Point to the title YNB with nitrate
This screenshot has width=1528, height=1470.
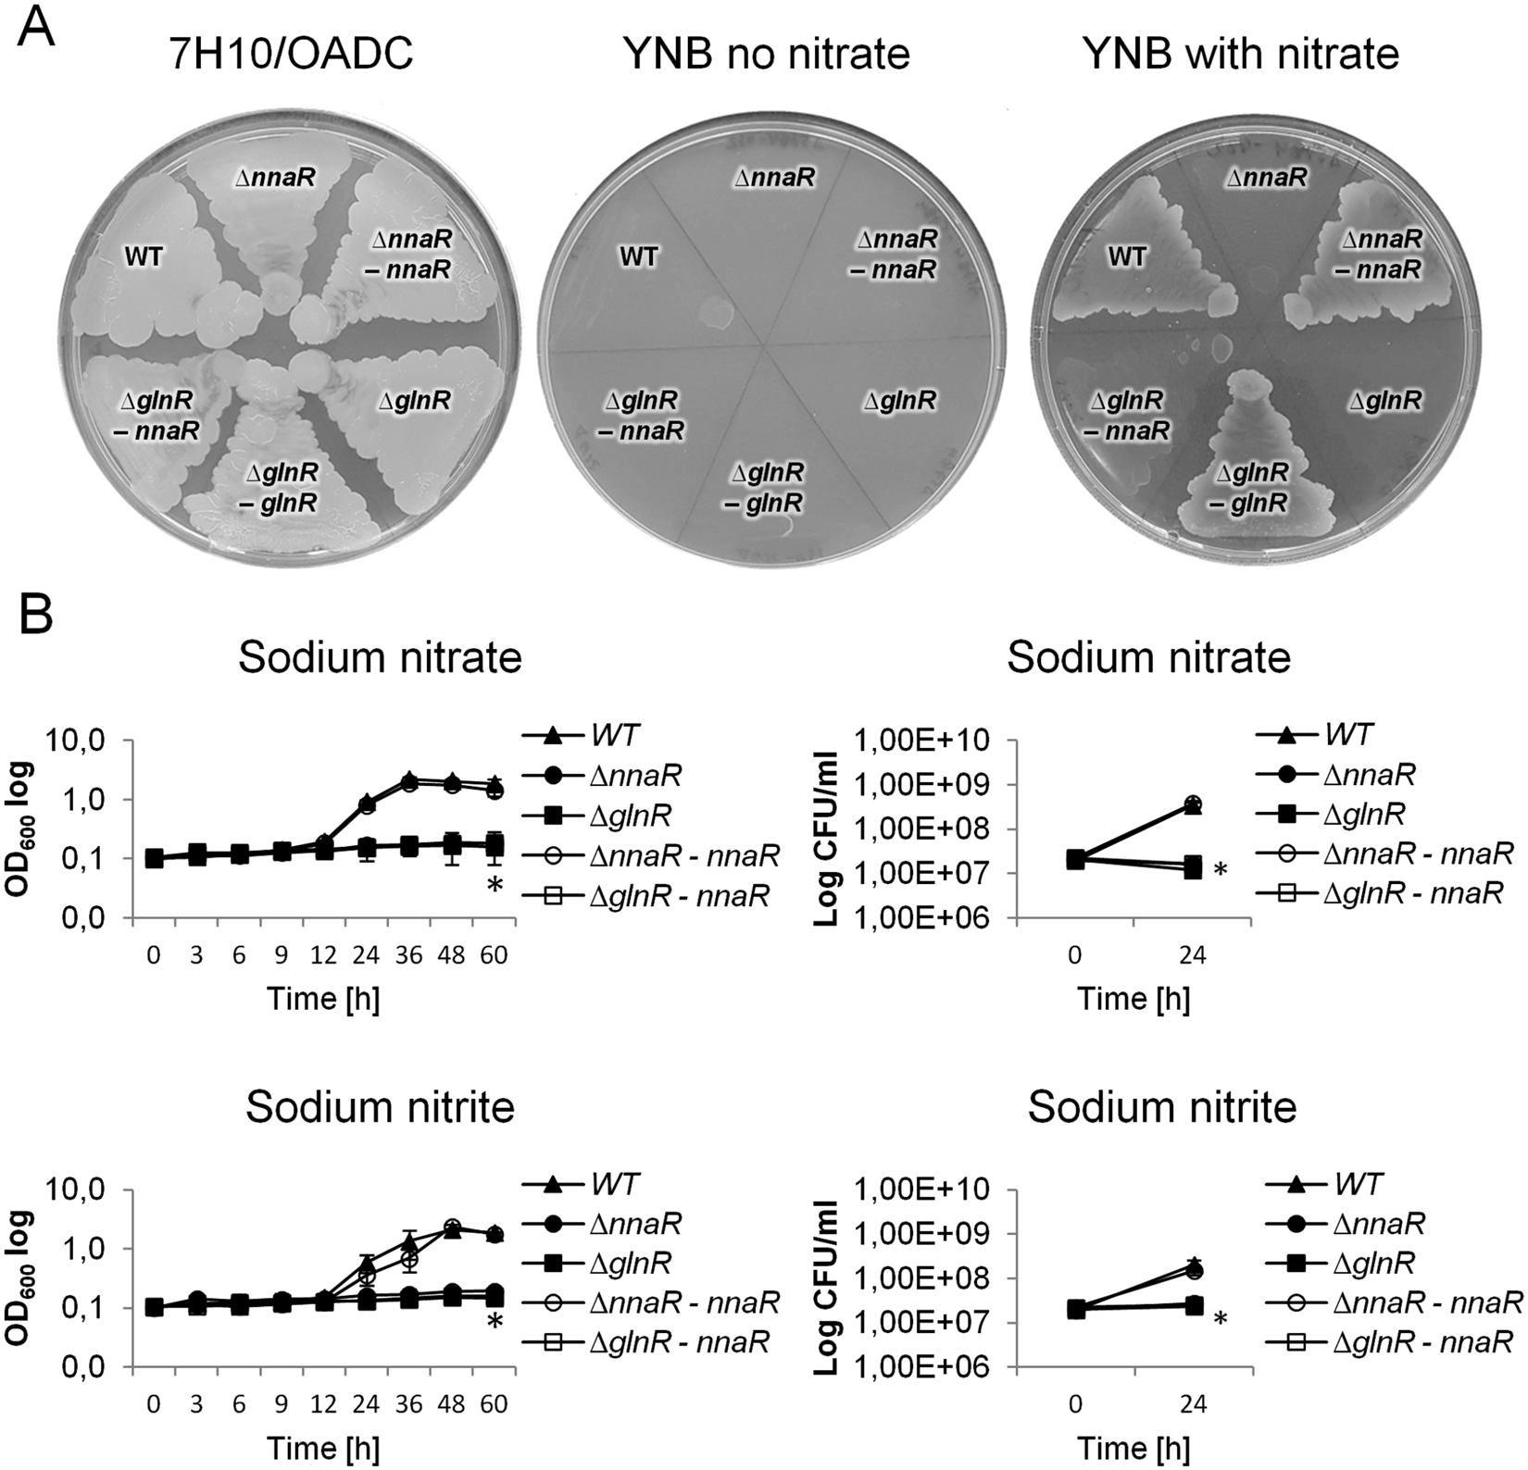(x=1240, y=55)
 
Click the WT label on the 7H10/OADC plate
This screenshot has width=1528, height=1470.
(x=144, y=256)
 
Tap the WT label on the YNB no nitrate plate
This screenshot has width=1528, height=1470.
(x=638, y=256)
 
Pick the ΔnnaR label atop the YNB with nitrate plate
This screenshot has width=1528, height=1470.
(x=1267, y=177)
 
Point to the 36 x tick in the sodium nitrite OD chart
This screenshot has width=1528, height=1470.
(x=408, y=1404)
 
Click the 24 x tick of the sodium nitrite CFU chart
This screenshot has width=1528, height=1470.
(x=1193, y=1404)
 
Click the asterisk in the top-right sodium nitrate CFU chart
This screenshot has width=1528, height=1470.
(x=1221, y=871)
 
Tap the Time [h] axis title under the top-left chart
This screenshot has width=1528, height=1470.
(x=323, y=999)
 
